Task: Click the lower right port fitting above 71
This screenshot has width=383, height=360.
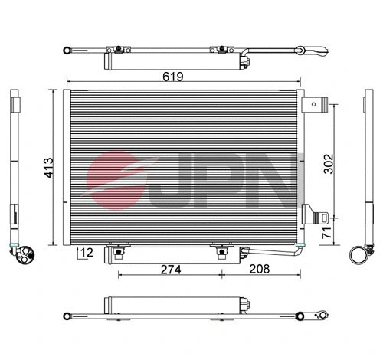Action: click(314, 216)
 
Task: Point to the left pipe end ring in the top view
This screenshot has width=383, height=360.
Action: click(67, 50)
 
